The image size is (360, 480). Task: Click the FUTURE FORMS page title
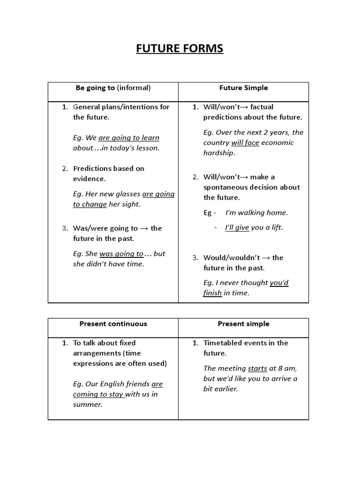point(180,48)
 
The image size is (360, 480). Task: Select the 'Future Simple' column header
point(243,88)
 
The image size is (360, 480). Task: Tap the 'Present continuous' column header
point(113,323)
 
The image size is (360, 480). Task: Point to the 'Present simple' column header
point(243,323)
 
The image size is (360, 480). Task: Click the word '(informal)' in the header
point(134,88)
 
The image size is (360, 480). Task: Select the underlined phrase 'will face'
point(245,142)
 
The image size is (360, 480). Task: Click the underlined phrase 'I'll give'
point(237,227)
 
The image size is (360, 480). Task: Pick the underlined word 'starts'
point(257,368)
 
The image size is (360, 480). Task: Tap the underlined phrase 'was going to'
point(121,254)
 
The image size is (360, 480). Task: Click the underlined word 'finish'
point(212,293)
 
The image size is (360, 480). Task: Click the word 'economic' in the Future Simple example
point(277,142)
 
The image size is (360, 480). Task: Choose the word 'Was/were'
point(91,228)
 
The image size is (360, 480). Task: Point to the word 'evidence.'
point(89,179)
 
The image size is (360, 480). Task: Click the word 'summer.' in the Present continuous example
point(87,404)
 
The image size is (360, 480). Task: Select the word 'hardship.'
point(219,153)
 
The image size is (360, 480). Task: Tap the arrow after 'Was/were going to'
point(144,228)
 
